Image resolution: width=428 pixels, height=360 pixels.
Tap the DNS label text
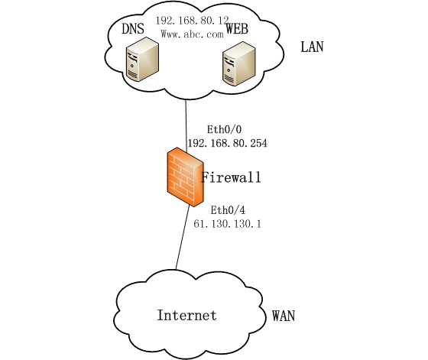(x=134, y=29)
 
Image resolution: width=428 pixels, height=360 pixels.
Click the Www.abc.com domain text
(x=192, y=34)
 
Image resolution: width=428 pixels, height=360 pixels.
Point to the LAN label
(x=312, y=47)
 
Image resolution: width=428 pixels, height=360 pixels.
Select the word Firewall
(x=232, y=178)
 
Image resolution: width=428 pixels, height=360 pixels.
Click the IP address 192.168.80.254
(x=226, y=143)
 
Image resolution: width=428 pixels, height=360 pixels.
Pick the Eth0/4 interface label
(x=226, y=210)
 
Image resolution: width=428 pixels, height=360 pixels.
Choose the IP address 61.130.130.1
(x=226, y=225)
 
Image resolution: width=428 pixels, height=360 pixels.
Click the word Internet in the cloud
(x=186, y=315)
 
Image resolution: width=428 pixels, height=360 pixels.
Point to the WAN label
(x=284, y=316)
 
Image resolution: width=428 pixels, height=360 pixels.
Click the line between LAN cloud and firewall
(x=186, y=122)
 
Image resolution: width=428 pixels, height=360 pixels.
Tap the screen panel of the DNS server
(x=138, y=60)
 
